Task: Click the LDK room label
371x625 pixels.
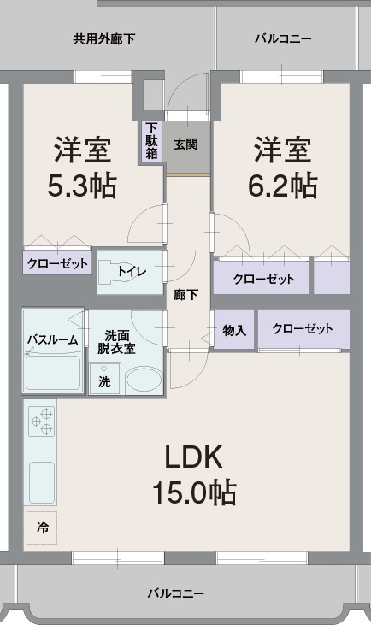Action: [193, 457]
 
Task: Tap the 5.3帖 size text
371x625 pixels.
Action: [82, 186]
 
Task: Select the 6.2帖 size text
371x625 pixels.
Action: [283, 186]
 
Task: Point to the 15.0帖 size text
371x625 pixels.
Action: [194, 492]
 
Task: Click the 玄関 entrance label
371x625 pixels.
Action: [185, 144]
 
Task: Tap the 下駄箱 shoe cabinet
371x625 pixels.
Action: [151, 141]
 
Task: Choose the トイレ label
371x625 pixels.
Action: [132, 272]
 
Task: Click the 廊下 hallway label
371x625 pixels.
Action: [185, 295]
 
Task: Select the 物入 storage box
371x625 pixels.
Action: [234, 330]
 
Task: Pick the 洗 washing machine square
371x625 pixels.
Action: [104, 379]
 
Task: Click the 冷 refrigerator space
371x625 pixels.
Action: [41, 528]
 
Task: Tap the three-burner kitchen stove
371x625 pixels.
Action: [42, 422]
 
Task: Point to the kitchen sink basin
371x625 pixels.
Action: [42, 483]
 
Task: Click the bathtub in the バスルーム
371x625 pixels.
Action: [53, 373]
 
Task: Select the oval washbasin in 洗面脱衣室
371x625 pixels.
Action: [144, 380]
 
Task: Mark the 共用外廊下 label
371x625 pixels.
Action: [104, 39]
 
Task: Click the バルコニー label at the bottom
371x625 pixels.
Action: [176, 593]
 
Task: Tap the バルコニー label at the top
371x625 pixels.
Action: [283, 39]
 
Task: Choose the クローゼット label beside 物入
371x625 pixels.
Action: [303, 329]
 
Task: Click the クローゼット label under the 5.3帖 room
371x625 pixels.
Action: [57, 263]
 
